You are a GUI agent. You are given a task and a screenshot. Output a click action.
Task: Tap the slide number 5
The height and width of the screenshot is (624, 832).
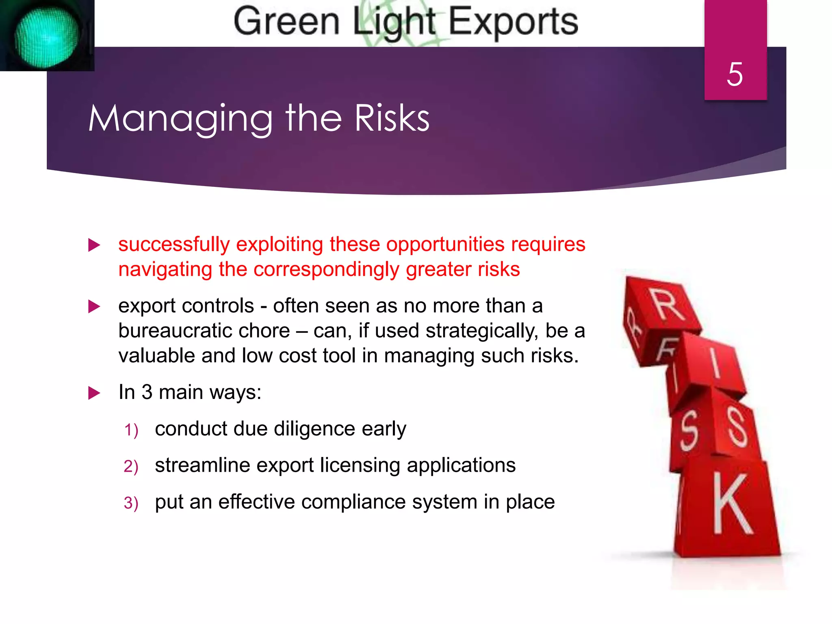click(x=735, y=75)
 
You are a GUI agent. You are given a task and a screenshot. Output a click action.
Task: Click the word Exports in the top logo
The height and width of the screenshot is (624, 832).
click(x=513, y=22)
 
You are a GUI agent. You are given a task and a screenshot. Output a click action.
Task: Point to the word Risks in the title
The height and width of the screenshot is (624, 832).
click(x=392, y=119)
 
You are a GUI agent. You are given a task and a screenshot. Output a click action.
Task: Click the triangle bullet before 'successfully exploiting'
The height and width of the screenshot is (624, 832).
click(x=94, y=245)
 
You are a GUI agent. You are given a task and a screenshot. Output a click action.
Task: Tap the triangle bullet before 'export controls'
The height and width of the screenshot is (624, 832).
click(x=94, y=307)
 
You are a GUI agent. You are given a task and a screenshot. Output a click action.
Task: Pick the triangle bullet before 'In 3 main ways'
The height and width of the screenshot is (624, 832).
click(x=94, y=393)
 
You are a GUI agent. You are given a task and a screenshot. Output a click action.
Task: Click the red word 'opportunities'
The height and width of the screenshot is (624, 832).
click(x=445, y=245)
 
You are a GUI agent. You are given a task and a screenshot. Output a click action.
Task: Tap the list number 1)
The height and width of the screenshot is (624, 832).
click(x=131, y=430)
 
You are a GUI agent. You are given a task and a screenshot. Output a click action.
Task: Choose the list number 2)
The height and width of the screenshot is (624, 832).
click(x=131, y=466)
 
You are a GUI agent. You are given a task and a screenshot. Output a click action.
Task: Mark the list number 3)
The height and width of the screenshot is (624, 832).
click(x=131, y=503)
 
